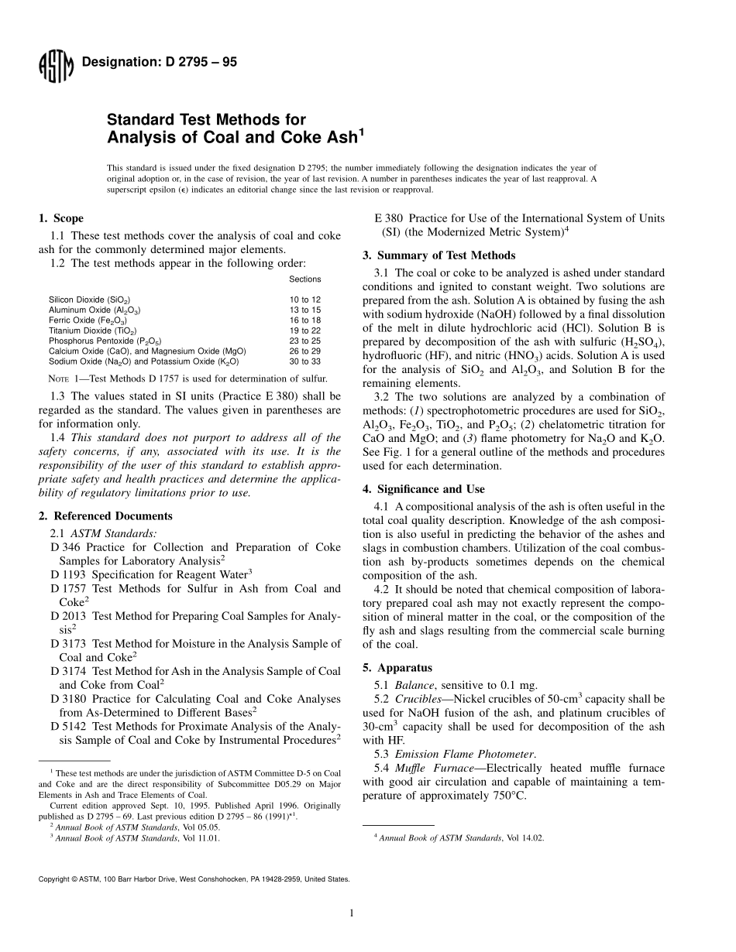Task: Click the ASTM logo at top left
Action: [55, 65]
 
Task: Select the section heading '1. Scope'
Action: [61, 218]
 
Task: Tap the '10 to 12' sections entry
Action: [304, 300]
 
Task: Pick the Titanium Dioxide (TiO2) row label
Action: [89, 330]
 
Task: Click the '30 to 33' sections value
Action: [304, 361]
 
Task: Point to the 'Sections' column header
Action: [304, 279]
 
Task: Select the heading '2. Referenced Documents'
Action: [105, 516]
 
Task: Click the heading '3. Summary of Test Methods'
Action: [439, 255]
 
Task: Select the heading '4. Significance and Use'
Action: [424, 489]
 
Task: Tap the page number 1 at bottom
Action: [352, 913]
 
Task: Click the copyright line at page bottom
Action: [194, 879]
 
